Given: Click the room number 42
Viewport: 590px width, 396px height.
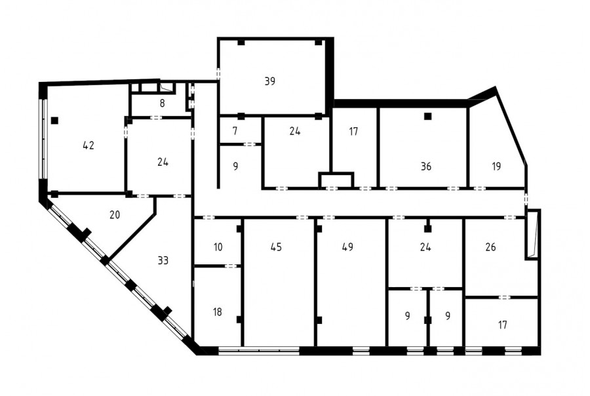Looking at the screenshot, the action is pos(88,146).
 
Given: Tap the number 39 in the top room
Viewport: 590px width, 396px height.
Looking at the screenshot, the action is pos(270,81).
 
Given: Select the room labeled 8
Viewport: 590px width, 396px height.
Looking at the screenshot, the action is pos(162,103).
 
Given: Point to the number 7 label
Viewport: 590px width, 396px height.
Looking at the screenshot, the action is pos(235,131).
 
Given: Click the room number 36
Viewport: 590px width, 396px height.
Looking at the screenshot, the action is pos(426,166).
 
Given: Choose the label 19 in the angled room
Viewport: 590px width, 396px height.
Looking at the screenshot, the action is pos(496,166).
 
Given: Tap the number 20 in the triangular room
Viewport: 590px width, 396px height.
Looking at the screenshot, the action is pos(115,214).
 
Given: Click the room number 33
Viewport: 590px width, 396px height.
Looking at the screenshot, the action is pos(163,260).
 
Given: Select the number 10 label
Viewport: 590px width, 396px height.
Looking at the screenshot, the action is pos(218,247).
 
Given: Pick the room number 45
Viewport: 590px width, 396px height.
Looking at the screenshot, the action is pos(276,247).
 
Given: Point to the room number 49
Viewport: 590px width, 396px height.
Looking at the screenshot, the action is pos(347,247).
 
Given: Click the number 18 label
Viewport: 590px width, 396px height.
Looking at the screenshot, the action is pos(218,311).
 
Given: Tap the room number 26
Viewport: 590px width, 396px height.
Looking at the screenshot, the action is pos(490,247).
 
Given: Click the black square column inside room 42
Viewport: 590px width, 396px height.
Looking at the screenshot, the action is pos(55,121).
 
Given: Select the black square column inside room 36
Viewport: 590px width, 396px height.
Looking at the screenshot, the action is pos(427,116).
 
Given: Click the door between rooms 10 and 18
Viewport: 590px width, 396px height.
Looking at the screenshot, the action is pos(231,266).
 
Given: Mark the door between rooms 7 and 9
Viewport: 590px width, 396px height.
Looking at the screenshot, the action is pos(250,144).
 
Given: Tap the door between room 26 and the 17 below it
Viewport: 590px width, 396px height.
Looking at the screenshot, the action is pos(505,298).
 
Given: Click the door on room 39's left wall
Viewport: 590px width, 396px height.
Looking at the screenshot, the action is pos(218,74).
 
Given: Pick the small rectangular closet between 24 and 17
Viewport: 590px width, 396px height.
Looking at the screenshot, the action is pos(336,180).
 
